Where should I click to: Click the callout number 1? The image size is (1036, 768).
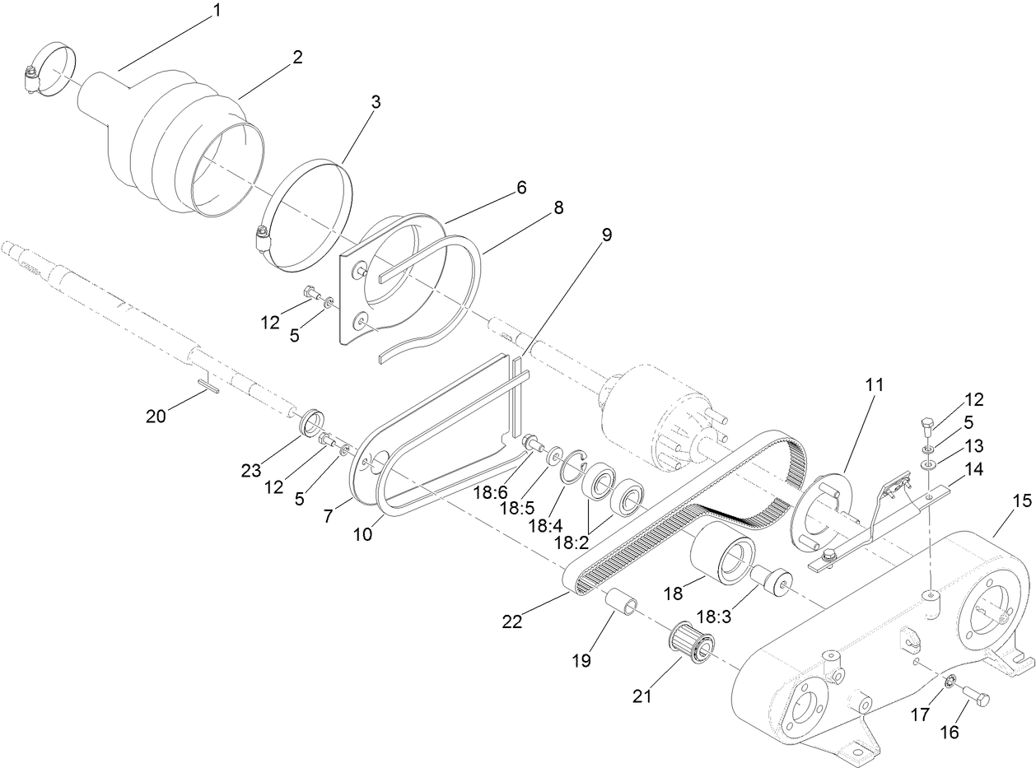pyautogui.click(x=217, y=11)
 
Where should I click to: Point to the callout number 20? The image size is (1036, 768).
pyautogui.click(x=156, y=417)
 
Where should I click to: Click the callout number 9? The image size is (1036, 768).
pyautogui.click(x=607, y=235)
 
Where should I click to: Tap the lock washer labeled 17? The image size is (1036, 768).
pyautogui.click(x=948, y=658)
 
